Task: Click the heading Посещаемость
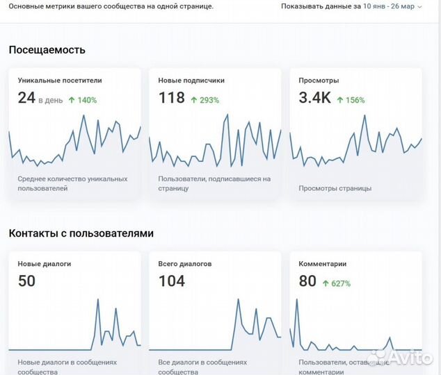pos(47,50)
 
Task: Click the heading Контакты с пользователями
pos(81,233)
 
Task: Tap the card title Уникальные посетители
pos(59,81)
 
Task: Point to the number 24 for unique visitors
pos(26,99)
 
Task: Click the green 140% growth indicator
pos(83,100)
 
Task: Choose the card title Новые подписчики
pos(191,81)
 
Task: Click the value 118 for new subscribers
pos(171,99)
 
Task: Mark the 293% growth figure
pos(205,100)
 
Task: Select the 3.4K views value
pos(314,99)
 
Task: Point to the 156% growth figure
pos(351,100)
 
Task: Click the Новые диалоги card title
pos(45,264)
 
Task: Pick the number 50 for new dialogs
pos(26,281)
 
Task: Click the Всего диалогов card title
pos(185,264)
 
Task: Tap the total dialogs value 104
pos(172,281)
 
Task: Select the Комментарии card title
pos(323,264)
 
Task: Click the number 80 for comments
pos(307,281)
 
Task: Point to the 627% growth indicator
pos(337,283)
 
